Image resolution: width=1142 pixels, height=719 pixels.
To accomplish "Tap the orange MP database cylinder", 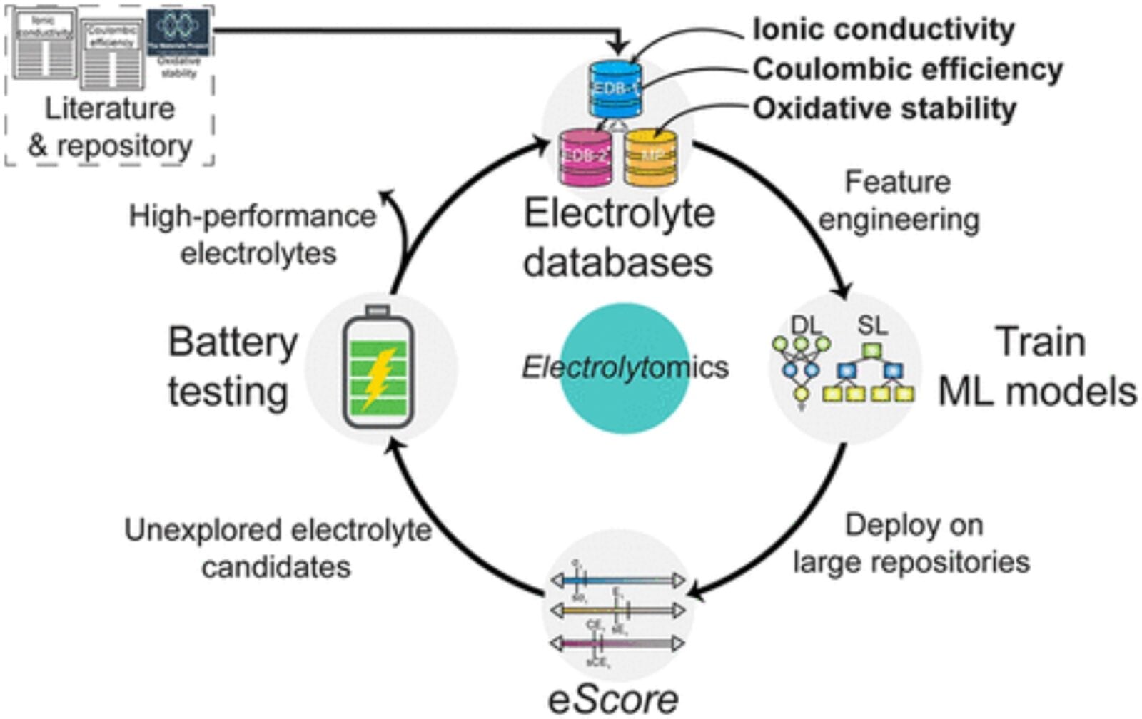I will click(650, 156).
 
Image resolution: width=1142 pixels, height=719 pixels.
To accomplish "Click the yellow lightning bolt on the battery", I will click(379, 377).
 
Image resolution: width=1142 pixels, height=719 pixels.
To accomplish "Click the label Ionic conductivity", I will click(884, 29).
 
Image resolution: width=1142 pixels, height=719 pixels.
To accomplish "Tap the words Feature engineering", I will click(899, 201).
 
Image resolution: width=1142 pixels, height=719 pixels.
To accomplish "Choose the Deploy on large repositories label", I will click(912, 544).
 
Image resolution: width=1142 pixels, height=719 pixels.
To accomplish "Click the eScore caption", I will click(613, 699).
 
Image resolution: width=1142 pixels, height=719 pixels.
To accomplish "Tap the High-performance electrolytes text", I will click(253, 235).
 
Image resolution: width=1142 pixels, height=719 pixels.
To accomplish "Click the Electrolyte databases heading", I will click(619, 238).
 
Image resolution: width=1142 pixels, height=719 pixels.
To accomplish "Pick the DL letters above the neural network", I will click(806, 325).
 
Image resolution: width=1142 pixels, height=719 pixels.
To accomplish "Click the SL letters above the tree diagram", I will click(872, 325).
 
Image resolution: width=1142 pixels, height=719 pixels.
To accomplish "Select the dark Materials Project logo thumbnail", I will click(178, 32).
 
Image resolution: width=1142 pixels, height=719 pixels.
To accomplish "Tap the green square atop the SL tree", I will click(870, 351).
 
